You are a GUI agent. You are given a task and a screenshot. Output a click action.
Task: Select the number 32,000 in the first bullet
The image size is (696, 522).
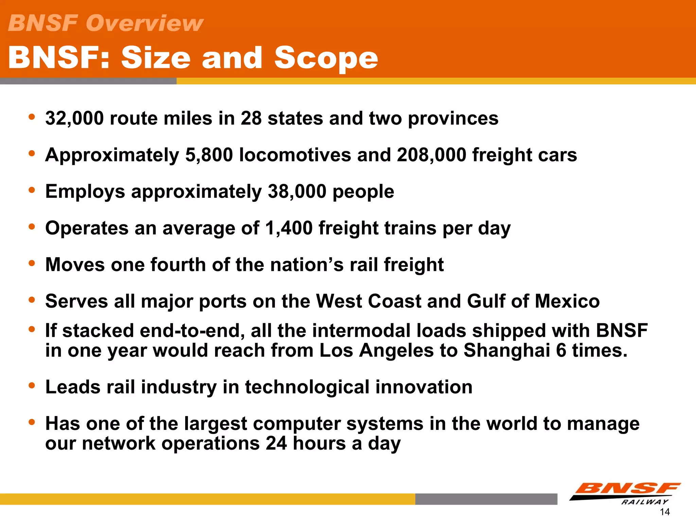74,119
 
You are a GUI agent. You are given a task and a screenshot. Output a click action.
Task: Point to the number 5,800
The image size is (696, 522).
209,155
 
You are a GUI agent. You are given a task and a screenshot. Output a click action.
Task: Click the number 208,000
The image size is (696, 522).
431,155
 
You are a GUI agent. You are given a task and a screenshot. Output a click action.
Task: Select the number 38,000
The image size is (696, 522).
297,192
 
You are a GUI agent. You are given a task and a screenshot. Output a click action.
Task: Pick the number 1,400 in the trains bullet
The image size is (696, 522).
289,228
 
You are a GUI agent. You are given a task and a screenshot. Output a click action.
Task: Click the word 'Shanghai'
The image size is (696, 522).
506,350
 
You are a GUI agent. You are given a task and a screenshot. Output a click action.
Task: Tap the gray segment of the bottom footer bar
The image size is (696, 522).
486,499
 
